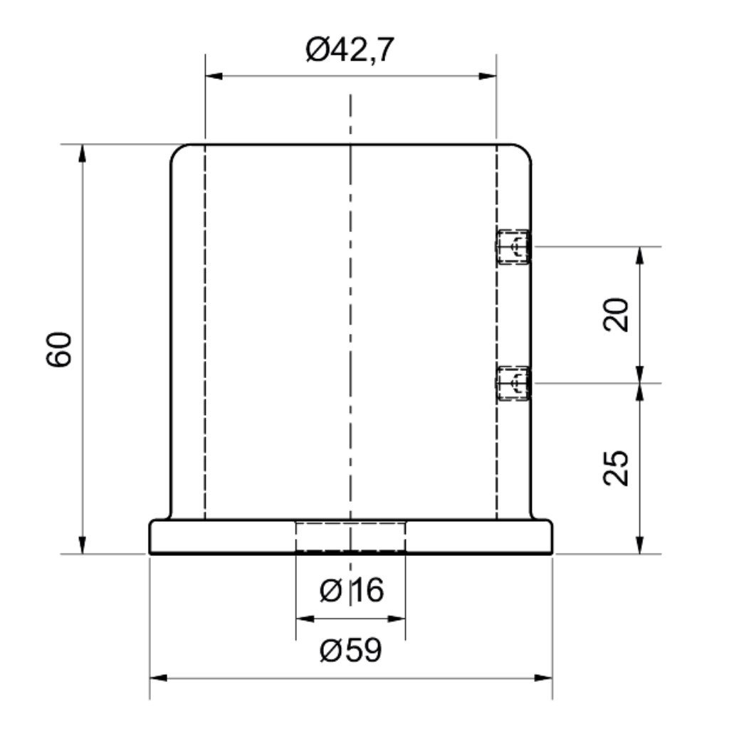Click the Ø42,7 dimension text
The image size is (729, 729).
tap(350, 51)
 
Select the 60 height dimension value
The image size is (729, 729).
tap(60, 349)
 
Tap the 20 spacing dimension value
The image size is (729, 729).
tap(616, 314)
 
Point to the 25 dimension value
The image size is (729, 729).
tap(616, 468)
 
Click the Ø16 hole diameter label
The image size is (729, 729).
tap(352, 590)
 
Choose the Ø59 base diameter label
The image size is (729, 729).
tap(351, 649)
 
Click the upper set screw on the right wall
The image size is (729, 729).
tap(513, 247)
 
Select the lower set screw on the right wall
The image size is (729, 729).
tap(513, 383)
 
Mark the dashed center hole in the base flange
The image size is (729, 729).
tap(350, 537)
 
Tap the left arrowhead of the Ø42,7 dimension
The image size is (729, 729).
tap(214, 75)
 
